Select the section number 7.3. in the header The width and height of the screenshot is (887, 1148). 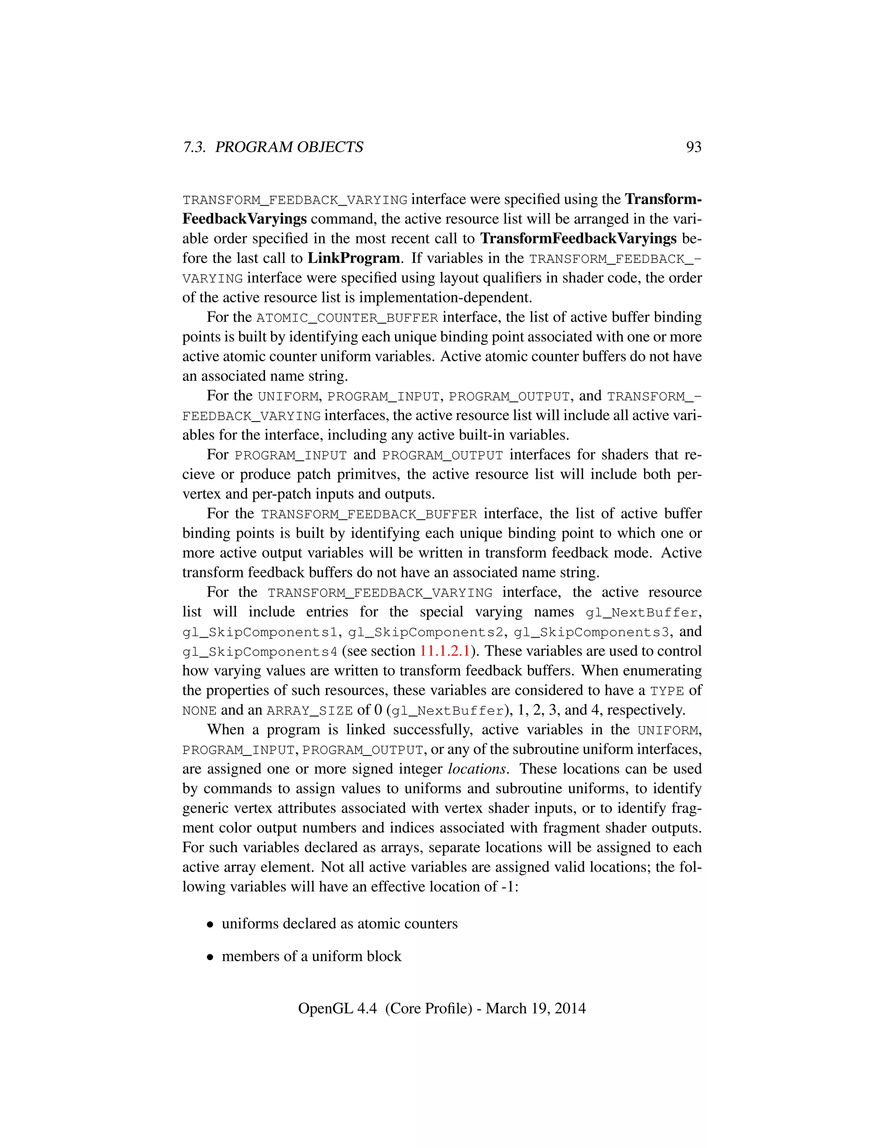click(x=194, y=147)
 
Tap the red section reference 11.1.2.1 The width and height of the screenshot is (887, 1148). click(x=444, y=651)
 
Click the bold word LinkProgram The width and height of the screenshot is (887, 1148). click(x=354, y=258)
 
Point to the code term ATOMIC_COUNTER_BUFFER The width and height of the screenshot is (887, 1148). click(x=347, y=318)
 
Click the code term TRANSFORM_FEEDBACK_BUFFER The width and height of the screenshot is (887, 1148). click(x=369, y=514)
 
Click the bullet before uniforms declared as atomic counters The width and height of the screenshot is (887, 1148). click(x=210, y=924)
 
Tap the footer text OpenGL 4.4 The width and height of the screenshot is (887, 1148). click(x=337, y=1008)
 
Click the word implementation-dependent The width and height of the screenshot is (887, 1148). click(x=445, y=298)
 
